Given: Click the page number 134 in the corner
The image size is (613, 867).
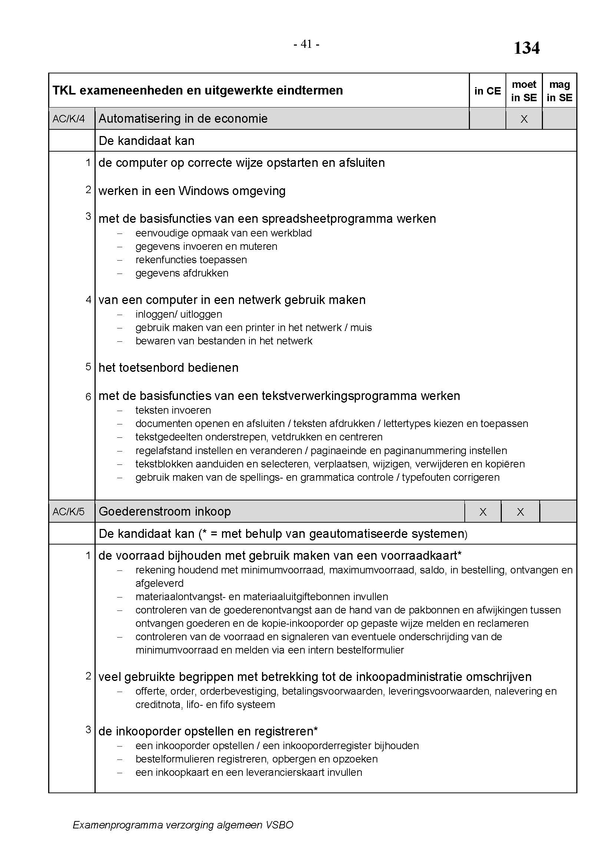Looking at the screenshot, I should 527,48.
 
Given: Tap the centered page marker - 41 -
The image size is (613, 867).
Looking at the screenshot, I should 306,44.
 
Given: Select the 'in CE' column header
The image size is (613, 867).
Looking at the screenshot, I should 487,91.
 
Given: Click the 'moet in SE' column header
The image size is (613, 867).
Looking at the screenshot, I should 524,91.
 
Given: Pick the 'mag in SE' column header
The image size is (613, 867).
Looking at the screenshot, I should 559,91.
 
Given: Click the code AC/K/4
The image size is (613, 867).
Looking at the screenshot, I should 69,119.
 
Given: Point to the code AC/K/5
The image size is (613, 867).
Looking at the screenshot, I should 69,512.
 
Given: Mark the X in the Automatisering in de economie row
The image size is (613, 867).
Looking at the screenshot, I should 524,119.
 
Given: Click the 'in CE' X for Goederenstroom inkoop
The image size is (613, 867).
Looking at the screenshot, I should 483,512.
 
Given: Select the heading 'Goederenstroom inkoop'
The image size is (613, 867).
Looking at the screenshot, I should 165,512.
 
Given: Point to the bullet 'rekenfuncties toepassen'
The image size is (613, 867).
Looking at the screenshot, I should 191,260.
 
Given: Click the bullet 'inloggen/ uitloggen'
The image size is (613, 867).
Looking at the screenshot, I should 179,314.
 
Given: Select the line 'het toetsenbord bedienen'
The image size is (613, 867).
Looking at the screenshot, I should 168,368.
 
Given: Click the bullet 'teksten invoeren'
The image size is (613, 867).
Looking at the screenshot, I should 173,410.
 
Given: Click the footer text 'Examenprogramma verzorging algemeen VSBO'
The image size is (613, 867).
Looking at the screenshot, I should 183,825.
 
